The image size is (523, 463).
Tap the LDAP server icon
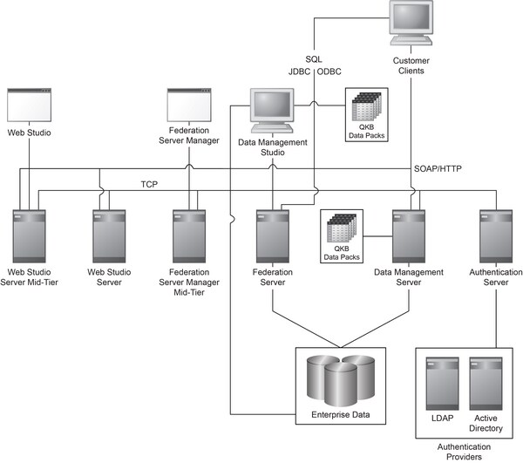pyautogui.click(x=438, y=385)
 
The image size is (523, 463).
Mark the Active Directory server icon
pyautogui.click(x=485, y=385)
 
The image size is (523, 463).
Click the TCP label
pyautogui.click(x=149, y=185)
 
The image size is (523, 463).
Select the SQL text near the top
pyautogui.click(x=314, y=58)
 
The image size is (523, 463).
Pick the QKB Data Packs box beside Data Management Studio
pyautogui.click(x=367, y=114)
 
